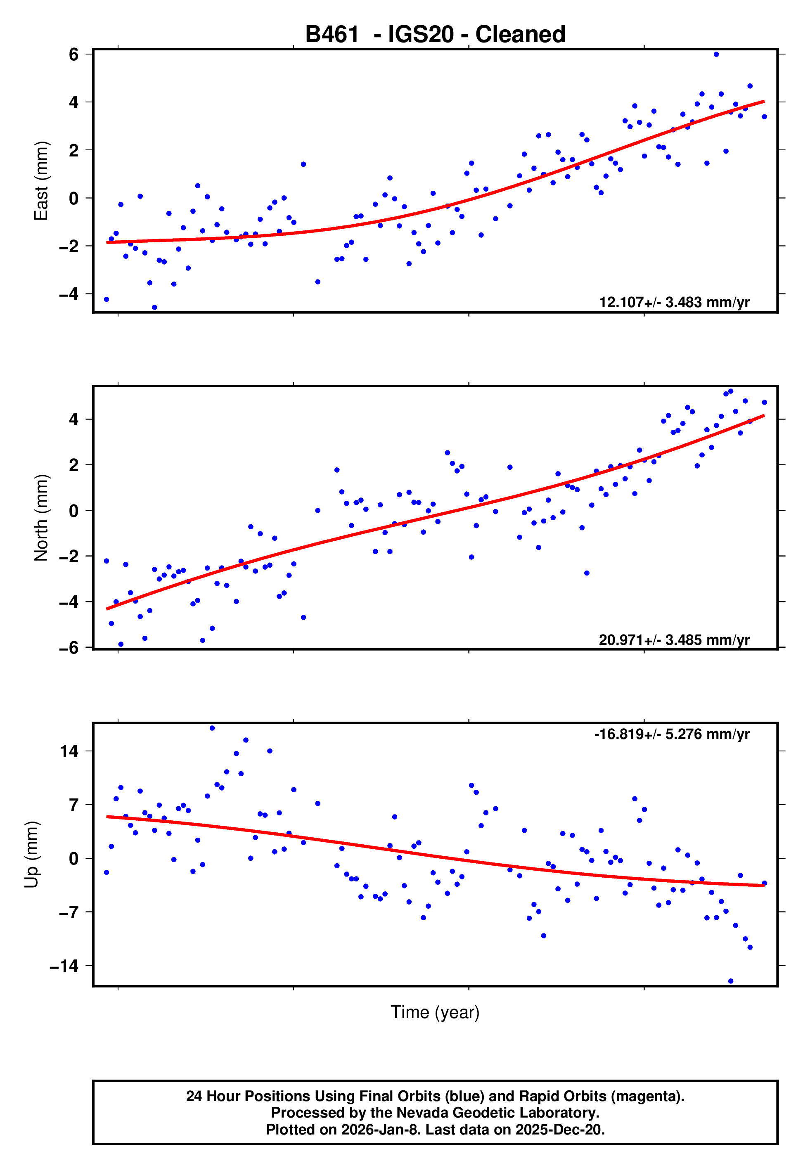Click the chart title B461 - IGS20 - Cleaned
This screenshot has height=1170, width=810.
point(435,35)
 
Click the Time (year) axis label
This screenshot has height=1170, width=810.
point(435,1012)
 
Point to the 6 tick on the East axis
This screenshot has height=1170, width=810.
point(74,54)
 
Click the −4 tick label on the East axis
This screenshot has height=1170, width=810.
point(69,294)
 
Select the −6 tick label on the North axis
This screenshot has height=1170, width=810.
point(69,647)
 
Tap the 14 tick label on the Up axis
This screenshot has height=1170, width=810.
point(69,751)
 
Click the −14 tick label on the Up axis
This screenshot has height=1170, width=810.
point(64,966)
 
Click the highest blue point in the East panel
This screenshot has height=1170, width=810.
point(716,54)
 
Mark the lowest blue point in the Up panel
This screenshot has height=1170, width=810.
point(731,981)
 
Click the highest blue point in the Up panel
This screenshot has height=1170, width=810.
point(212,728)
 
